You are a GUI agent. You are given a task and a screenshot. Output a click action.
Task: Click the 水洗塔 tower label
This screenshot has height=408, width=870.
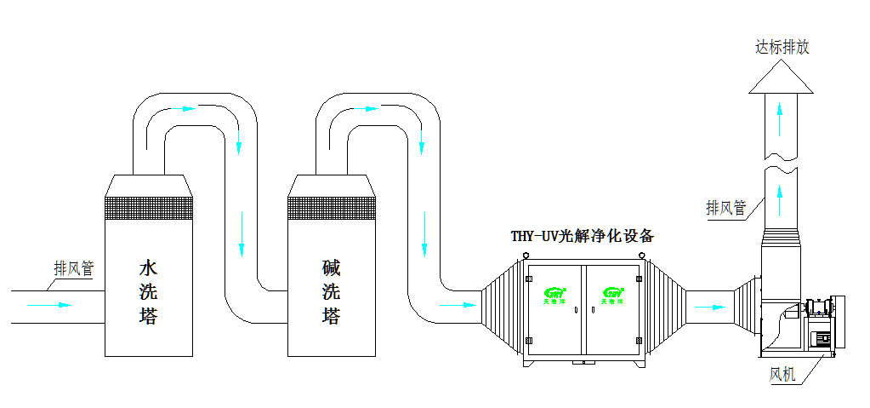pos(149,292)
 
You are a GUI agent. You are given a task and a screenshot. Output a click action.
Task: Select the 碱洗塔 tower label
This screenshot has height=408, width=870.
pos(331,292)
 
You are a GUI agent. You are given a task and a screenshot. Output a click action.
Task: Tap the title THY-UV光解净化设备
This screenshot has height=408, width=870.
pos(582,236)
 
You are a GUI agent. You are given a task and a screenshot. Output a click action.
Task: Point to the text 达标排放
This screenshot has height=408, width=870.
pos(782,47)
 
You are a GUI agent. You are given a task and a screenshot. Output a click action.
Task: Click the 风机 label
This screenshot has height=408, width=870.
pos(782,374)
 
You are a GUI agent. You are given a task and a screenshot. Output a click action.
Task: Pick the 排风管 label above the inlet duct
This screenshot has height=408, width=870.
pos(74,268)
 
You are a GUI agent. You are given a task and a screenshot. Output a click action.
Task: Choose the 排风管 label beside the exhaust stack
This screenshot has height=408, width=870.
pos(726,207)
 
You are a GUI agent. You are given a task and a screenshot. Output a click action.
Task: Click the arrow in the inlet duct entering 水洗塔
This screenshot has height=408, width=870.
pos(51,304)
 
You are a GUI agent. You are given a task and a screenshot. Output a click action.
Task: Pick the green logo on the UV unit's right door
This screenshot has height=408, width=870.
pos(612,290)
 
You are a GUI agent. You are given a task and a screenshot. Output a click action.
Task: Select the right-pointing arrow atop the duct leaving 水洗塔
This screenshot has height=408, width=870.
pos(185,109)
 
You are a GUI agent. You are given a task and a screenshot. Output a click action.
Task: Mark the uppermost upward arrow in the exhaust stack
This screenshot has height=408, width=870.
pos(782,120)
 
